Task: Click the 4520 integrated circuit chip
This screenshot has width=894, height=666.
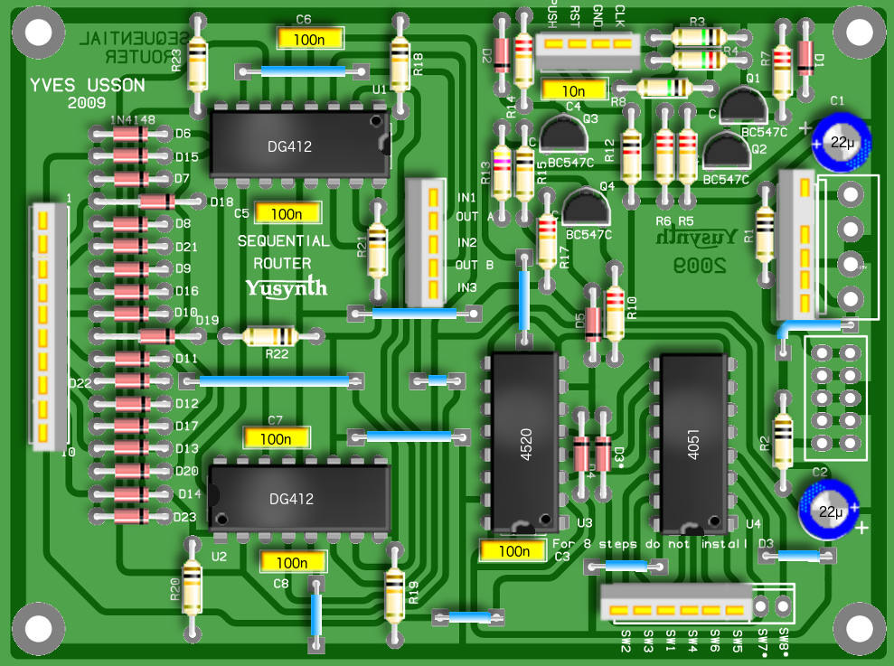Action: pyautogui.click(x=523, y=443)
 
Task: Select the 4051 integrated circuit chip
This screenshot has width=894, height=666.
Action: pyautogui.click(x=693, y=443)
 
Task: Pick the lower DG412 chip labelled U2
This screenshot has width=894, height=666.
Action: pyautogui.click(x=299, y=498)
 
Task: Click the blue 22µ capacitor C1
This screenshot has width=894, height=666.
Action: pyautogui.click(x=842, y=142)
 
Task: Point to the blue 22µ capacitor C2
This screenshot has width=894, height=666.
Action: pyautogui.click(x=827, y=511)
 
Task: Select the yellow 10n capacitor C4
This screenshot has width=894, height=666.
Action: pyautogui.click(x=574, y=90)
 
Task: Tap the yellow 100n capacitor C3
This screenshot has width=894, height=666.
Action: pyautogui.click(x=513, y=550)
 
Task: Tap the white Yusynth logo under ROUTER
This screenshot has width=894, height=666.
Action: pyautogui.click(x=286, y=287)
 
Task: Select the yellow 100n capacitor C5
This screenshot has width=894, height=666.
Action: pyautogui.click(x=287, y=213)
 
